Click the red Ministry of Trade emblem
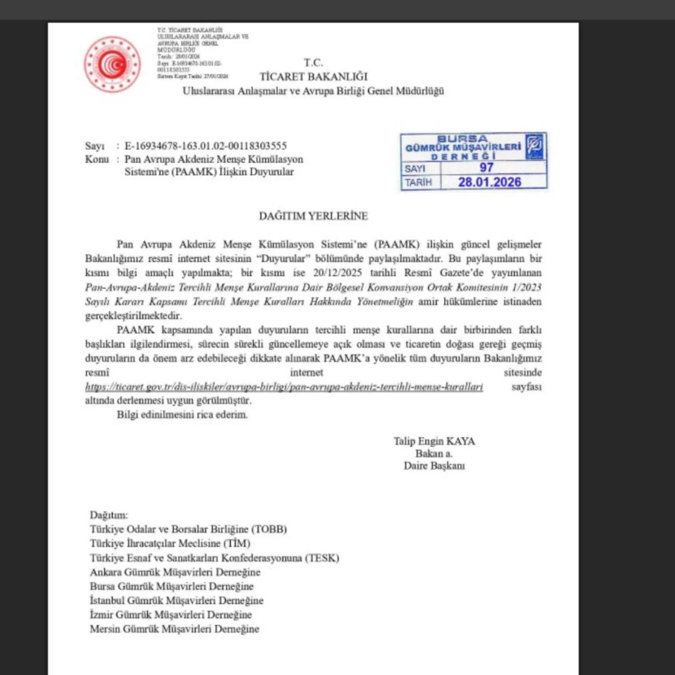click(112, 64)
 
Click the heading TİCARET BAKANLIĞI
click(314, 76)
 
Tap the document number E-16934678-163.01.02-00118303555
click(205, 146)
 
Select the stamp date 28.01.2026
click(489, 182)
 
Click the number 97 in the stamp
click(486, 167)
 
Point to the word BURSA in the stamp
click(462, 139)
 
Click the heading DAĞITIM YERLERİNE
click(313, 216)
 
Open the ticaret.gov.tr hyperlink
click(284, 387)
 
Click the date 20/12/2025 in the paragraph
click(337, 273)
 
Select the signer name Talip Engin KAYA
click(434, 441)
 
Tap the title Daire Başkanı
click(434, 466)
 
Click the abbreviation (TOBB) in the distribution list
click(269, 529)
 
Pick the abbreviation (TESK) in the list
click(322, 558)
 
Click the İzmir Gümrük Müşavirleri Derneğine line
click(171, 615)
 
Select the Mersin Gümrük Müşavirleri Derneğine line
click(174, 629)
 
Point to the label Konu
click(97, 159)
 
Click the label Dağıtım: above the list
click(108, 515)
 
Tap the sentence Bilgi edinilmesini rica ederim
click(182, 415)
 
